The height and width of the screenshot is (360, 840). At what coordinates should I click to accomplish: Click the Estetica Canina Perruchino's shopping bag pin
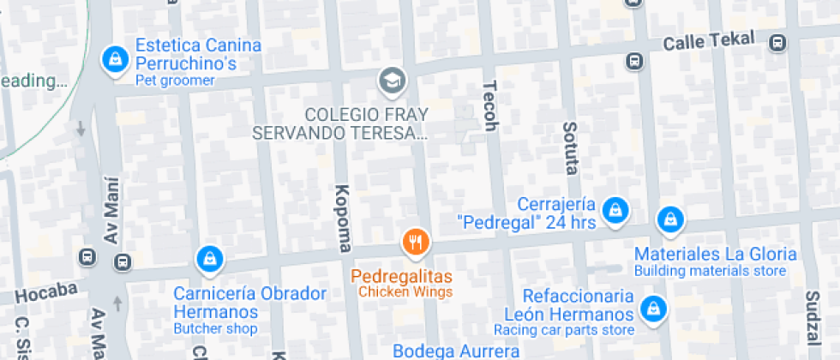click(113, 59)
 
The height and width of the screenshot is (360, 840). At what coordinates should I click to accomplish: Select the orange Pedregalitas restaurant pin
click(416, 243)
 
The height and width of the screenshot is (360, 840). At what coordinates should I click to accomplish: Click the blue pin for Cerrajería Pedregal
click(615, 210)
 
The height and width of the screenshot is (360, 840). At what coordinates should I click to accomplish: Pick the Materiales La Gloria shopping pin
click(670, 221)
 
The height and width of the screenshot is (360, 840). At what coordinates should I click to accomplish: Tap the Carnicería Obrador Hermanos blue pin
click(209, 257)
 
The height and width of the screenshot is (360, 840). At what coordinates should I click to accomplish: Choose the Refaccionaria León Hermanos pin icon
click(653, 307)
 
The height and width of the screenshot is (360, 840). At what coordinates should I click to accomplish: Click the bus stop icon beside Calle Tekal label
click(777, 42)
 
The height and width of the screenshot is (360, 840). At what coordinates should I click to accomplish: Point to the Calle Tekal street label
click(709, 40)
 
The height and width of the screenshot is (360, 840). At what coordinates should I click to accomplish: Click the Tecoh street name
click(490, 106)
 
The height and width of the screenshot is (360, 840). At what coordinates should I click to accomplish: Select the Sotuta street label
click(570, 147)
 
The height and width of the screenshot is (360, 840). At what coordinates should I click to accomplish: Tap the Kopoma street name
click(343, 219)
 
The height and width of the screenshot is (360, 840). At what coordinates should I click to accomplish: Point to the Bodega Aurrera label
click(456, 351)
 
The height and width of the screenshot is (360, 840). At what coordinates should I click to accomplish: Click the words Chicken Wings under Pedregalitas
click(405, 292)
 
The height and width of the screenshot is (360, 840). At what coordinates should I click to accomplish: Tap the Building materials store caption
click(710, 271)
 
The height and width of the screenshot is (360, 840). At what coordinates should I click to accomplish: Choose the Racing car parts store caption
click(563, 330)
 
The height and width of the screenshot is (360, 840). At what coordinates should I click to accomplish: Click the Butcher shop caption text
click(215, 328)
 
